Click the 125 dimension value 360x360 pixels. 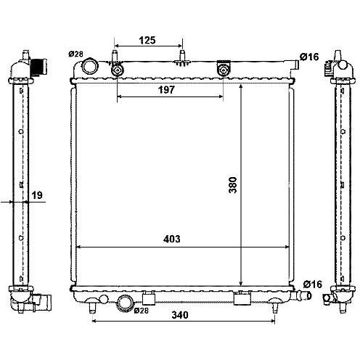[147, 40]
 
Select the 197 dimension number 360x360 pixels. [166, 90]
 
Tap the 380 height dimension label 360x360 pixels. [233, 185]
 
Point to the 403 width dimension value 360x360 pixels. [172, 239]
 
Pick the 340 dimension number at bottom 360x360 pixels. [180, 315]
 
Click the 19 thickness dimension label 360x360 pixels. [37, 195]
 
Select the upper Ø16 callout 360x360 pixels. [309, 57]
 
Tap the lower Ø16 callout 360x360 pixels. [313, 285]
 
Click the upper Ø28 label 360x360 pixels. [75, 54]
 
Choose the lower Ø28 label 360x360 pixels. [141, 311]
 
